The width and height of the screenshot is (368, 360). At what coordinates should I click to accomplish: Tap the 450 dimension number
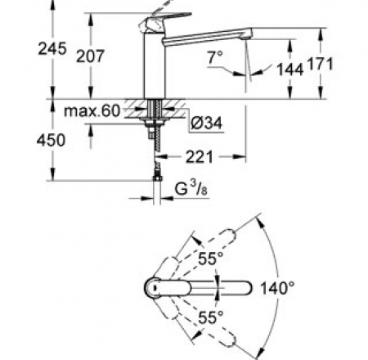[22, 140]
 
